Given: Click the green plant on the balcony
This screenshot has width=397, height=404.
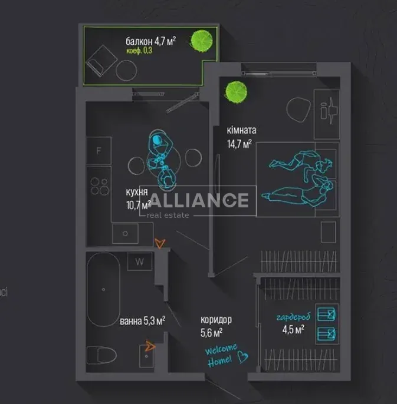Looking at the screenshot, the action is pyautogui.click(x=202, y=41).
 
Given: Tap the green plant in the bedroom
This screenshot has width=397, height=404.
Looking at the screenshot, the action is pyautogui.click(x=236, y=92).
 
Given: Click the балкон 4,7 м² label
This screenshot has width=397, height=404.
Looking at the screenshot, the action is pyautogui.click(x=151, y=41).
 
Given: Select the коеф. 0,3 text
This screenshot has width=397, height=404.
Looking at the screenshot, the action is pyautogui.click(x=139, y=51).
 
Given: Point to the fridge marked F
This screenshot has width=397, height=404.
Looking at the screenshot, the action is pyautogui.click(x=99, y=151).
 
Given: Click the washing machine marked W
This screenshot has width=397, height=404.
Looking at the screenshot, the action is pyautogui.click(x=140, y=261).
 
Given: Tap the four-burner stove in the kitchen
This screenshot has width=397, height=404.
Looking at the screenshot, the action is pyautogui.click(x=100, y=186).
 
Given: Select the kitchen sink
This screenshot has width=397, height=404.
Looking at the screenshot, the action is pyautogui.click(x=125, y=233).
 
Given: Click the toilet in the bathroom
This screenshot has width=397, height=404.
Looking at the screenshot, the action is pyautogui.click(x=101, y=355).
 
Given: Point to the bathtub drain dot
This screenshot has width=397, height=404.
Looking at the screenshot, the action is pyautogui.click(x=103, y=290).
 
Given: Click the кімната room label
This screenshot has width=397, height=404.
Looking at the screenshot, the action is pyautogui.click(x=242, y=130).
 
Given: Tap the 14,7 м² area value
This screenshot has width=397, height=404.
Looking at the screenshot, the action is pyautogui.click(x=239, y=144).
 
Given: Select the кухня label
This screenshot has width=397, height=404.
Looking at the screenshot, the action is pyautogui.click(x=137, y=192).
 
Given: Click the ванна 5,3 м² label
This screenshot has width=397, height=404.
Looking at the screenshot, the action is pyautogui.click(x=143, y=321).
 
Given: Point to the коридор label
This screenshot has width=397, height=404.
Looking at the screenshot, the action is pyautogui.click(x=216, y=320).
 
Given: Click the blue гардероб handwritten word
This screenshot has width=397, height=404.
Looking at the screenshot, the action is pyautogui.click(x=293, y=317).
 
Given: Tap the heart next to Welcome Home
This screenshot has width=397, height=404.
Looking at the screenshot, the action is pyautogui.click(x=242, y=357).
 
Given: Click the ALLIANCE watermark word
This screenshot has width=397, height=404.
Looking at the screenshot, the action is pyautogui.click(x=199, y=200).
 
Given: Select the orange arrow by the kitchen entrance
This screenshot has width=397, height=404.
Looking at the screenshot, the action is pyautogui.click(x=160, y=243).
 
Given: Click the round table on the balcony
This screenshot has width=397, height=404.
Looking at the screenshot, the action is pyautogui.click(x=126, y=70).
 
